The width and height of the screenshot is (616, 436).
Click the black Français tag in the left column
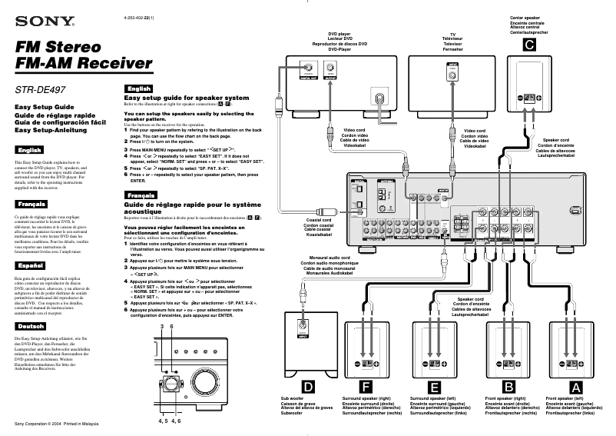coord(31,205)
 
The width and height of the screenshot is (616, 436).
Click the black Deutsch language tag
coord(30,325)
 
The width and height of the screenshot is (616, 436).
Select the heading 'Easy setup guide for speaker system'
coord(187,98)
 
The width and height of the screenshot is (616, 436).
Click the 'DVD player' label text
coord(339,35)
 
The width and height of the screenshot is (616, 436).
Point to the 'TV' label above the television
coord(453,35)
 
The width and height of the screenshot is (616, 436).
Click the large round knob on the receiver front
coord(207,384)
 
